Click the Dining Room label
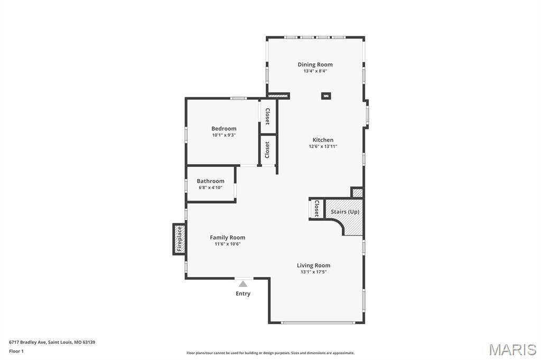(x=315, y=64)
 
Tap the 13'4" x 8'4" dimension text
(x=315, y=71)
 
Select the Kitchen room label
(x=323, y=140)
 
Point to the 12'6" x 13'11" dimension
(x=323, y=147)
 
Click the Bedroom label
(x=223, y=128)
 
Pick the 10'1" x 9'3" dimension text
(x=223, y=135)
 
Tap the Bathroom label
(x=210, y=181)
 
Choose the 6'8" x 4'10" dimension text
(x=210, y=188)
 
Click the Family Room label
(x=227, y=238)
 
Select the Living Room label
(x=313, y=266)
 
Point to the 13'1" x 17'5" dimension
(x=313, y=272)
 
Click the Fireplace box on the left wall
(x=179, y=239)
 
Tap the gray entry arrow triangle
(x=243, y=284)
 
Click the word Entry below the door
(x=243, y=293)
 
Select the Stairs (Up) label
(x=345, y=212)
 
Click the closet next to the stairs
(x=316, y=209)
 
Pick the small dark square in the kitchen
(x=327, y=96)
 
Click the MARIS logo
(x=512, y=349)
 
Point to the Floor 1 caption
(x=16, y=351)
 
